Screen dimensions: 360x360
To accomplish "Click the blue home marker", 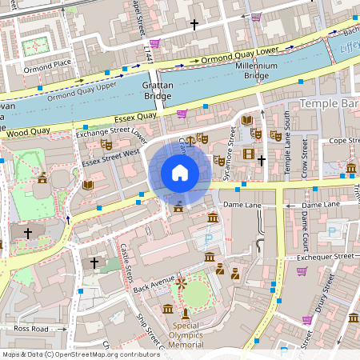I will (x=180, y=173).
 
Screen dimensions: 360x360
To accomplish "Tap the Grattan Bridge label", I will (x=157, y=90).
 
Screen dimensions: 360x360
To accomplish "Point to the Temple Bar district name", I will (x=329, y=104).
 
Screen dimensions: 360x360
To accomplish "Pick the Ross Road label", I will (x=31, y=329).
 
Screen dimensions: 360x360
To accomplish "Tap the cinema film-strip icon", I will (x=249, y=154).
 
